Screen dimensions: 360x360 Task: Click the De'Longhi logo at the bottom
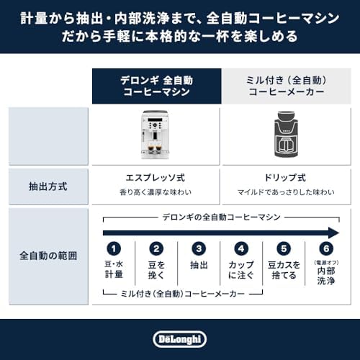179,338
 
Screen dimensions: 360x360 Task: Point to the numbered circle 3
199,250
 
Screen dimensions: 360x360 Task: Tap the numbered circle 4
242,250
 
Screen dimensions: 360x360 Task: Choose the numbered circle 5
284,250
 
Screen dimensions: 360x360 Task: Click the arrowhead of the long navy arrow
333,232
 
